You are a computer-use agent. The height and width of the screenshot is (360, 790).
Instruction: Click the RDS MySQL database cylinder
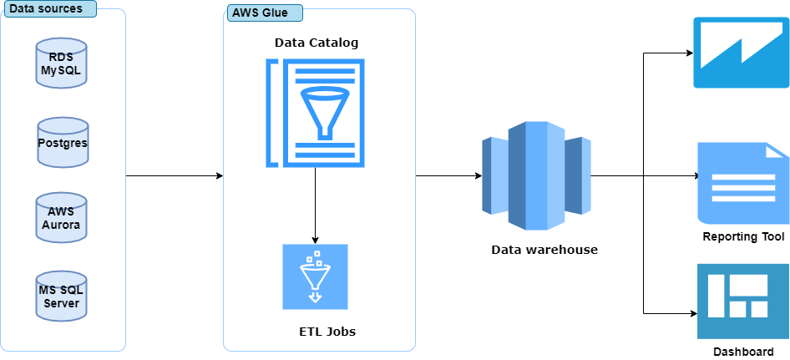click(62, 63)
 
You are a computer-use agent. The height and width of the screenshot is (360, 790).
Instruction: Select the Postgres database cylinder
click(63, 143)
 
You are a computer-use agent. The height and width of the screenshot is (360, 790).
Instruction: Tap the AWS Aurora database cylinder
click(62, 218)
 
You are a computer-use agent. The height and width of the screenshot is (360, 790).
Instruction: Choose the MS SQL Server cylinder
click(62, 297)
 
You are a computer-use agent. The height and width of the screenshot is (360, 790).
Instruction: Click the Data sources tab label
click(47, 9)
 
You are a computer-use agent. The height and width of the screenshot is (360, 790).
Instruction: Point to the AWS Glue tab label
click(263, 14)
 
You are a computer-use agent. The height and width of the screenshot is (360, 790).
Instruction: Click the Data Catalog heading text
click(317, 43)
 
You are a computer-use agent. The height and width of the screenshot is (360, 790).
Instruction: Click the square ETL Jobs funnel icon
click(315, 276)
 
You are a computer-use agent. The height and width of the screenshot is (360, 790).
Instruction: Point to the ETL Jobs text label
click(327, 332)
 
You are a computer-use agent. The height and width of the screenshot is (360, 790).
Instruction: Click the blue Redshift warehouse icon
click(536, 175)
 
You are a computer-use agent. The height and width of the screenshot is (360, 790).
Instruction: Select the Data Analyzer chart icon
click(741, 52)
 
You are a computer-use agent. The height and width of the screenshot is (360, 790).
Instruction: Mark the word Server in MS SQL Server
click(62, 303)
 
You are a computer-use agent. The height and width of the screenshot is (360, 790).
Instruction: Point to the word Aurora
click(62, 226)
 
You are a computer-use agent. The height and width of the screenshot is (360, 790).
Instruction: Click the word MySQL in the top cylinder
click(62, 70)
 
